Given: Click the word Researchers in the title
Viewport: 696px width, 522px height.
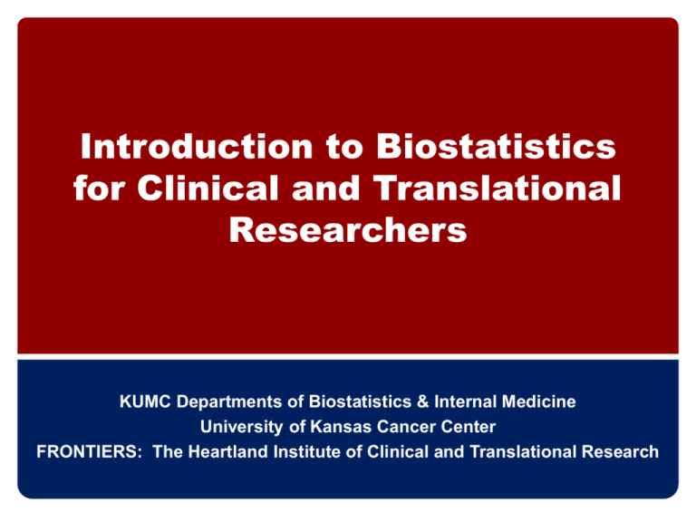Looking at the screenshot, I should click(x=348, y=231).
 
